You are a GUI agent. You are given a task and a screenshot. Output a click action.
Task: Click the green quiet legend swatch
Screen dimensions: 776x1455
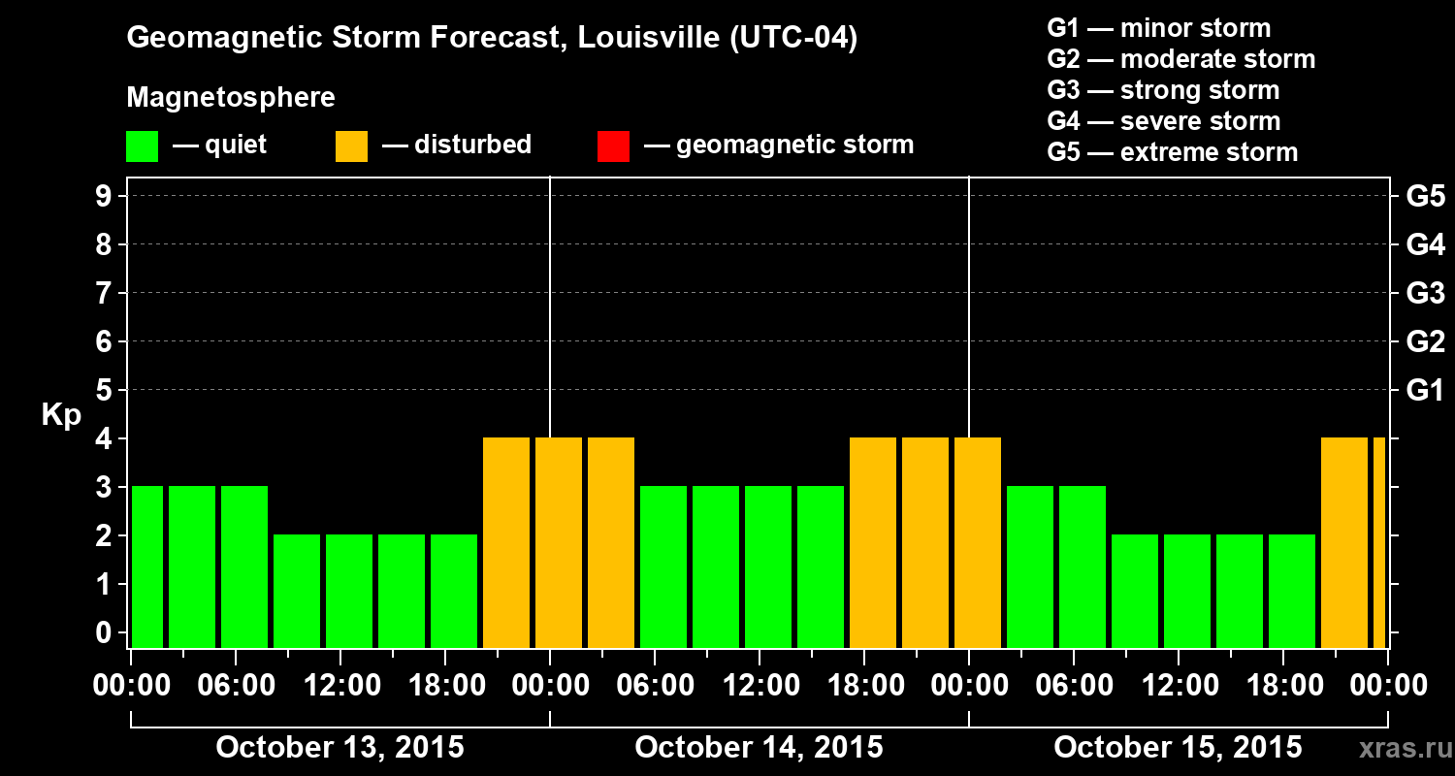point(142,145)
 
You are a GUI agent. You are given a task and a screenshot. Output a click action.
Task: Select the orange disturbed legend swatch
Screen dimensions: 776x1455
point(351,145)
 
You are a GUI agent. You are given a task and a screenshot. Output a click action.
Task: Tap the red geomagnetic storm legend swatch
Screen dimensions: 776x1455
point(613,145)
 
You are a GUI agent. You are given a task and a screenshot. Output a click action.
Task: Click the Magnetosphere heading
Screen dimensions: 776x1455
point(231,98)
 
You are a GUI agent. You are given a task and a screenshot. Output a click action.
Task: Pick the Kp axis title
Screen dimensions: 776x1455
point(61,415)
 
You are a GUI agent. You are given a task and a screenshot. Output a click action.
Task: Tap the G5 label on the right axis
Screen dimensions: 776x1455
point(1425,196)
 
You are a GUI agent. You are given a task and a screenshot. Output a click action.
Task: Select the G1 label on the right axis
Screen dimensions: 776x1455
point(1425,390)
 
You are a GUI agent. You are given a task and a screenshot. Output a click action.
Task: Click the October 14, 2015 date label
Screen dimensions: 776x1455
point(759,747)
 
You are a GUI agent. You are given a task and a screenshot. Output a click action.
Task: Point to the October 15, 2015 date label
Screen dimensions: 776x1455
point(1178,747)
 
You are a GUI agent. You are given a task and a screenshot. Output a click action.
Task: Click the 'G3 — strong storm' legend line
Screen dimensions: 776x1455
point(1163,90)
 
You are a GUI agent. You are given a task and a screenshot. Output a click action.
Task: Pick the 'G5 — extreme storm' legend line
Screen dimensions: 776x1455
point(1172,152)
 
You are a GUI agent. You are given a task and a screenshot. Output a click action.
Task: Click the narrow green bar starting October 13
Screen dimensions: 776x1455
point(147,566)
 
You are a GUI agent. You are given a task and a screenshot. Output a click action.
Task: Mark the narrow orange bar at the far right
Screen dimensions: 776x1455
point(1379,542)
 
